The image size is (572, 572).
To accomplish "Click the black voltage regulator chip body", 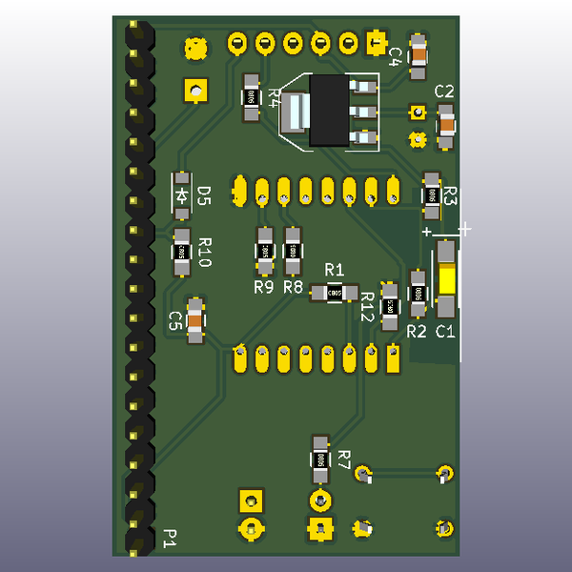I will tap(327, 112).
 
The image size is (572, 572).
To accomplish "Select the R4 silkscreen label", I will tap(275, 96).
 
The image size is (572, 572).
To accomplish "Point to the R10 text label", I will tap(204, 252).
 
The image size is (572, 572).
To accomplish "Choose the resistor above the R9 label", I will tap(264, 251).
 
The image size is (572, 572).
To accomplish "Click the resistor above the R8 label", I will tap(293, 251).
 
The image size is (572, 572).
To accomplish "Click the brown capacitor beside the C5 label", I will tap(195, 320).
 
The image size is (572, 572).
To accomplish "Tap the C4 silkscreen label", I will tap(394, 54).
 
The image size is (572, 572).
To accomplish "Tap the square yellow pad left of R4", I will tap(195, 91).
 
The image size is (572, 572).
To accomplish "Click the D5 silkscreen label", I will tap(203, 195).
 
